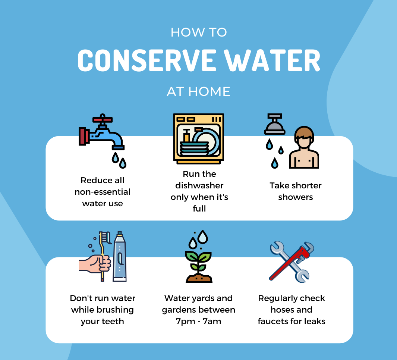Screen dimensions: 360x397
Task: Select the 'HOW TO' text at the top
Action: (x=199, y=32)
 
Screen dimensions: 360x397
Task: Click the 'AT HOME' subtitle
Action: (x=199, y=91)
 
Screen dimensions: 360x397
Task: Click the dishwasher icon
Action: (x=199, y=139)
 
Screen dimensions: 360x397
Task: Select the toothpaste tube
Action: (x=119, y=257)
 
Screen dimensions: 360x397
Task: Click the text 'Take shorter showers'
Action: (x=295, y=191)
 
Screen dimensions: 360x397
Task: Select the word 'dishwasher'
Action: (x=199, y=185)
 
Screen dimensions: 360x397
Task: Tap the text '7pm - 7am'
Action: (x=199, y=321)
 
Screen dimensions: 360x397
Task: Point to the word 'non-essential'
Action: (x=103, y=192)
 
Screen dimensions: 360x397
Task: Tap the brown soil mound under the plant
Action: (x=199, y=278)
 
